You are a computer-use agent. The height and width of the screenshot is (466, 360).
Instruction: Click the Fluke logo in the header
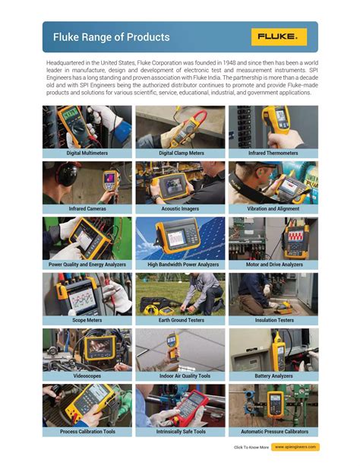pyautogui.click(x=281, y=37)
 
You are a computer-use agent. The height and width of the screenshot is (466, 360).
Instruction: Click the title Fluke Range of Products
pyautogui.click(x=111, y=37)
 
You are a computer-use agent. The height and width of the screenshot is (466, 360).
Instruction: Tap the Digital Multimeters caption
pyautogui.click(x=87, y=153)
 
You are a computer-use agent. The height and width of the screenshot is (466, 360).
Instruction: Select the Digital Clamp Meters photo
pyautogui.click(x=180, y=126)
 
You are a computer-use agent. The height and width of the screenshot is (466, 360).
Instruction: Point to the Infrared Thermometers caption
pyautogui.click(x=273, y=153)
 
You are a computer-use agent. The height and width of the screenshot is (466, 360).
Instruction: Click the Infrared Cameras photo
pyautogui.click(x=87, y=182)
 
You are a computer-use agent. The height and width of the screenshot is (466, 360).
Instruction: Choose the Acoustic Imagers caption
pyautogui.click(x=180, y=208)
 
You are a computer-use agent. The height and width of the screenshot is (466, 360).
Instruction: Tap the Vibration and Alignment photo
pyautogui.click(x=273, y=182)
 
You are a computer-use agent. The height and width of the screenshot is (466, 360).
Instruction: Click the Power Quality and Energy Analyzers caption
pyautogui.click(x=87, y=265)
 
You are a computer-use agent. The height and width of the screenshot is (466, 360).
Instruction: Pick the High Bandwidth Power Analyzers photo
pyautogui.click(x=180, y=238)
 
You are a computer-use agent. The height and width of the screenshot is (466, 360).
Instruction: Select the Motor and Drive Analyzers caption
pyautogui.click(x=273, y=265)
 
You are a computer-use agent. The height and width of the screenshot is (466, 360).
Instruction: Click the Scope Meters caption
pyautogui.click(x=87, y=320)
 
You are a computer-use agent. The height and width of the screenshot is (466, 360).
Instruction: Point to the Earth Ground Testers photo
pyautogui.click(x=180, y=294)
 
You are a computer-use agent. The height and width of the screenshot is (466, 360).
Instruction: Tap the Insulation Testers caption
pyautogui.click(x=273, y=320)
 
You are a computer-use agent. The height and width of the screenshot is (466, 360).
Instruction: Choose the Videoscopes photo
pyautogui.click(x=87, y=350)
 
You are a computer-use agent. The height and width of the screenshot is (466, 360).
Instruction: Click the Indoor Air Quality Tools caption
pyautogui.click(x=180, y=376)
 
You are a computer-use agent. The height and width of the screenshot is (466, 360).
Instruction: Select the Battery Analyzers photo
pyautogui.click(x=273, y=350)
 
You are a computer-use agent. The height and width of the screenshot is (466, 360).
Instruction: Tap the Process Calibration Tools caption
pyautogui.click(x=87, y=432)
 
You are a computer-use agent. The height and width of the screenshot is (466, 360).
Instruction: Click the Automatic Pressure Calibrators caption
pyautogui.click(x=273, y=432)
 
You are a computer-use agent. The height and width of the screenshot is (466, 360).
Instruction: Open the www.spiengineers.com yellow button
pyautogui.click(x=295, y=447)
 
